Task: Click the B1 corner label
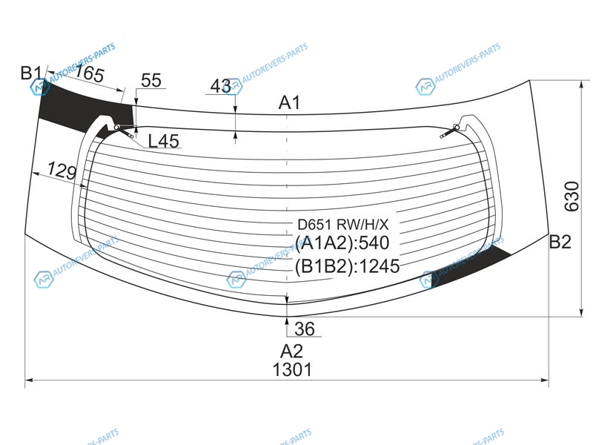pos(31,73)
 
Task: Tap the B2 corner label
pos(560,242)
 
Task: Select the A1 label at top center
pos(289,102)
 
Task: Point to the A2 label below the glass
pos(291,351)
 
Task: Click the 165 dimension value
pos(89,73)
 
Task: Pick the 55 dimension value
pos(151,80)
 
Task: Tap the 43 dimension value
pos(220,86)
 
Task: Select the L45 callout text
pos(163,141)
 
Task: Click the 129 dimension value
pos(62,171)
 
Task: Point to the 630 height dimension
pos(572,197)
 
